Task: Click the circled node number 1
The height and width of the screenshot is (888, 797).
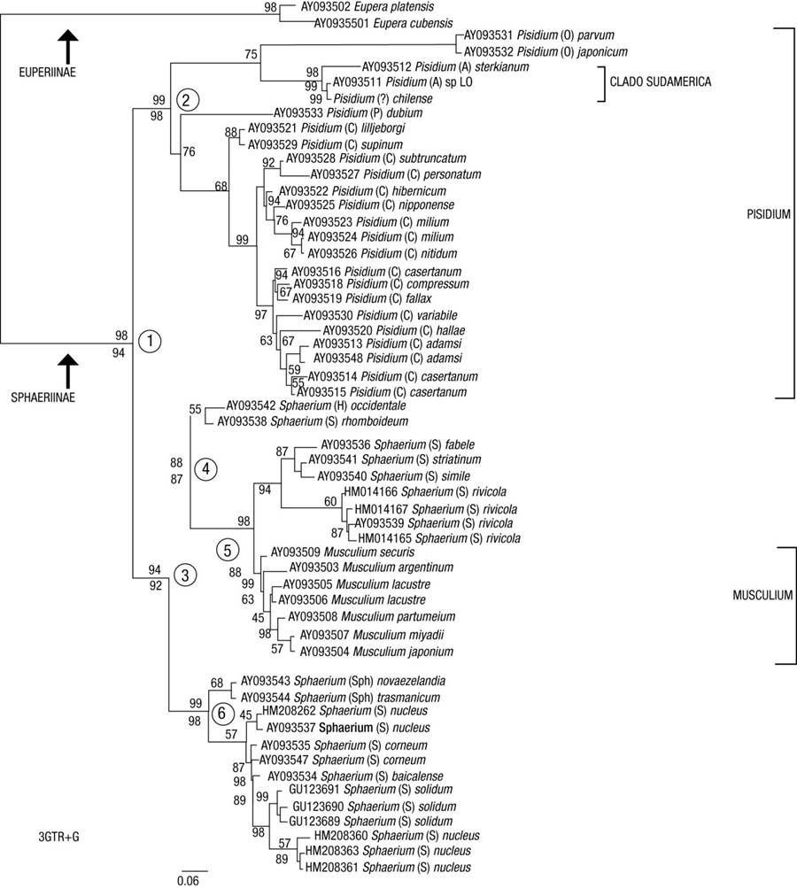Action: pyautogui.click(x=151, y=341)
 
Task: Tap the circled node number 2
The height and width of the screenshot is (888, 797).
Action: pyautogui.click(x=187, y=99)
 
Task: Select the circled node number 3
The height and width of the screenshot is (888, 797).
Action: pyautogui.click(x=186, y=575)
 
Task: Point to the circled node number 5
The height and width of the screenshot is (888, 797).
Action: pyautogui.click(x=228, y=550)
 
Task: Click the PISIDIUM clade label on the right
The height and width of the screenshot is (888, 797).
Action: pyautogui.click(x=765, y=214)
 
